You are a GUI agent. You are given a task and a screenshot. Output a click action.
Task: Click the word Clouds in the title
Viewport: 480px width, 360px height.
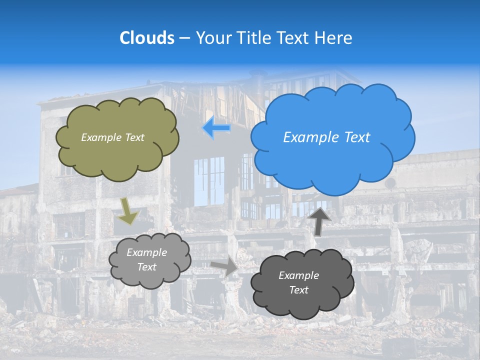point(147,38)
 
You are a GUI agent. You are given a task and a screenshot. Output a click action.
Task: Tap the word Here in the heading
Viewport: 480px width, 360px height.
point(335,38)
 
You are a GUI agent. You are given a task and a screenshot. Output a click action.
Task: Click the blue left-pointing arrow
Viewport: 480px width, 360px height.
point(216,128)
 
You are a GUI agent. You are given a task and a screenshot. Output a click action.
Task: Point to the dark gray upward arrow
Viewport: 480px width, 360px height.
point(319,220)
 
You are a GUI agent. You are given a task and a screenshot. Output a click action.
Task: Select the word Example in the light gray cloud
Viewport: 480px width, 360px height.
point(146,252)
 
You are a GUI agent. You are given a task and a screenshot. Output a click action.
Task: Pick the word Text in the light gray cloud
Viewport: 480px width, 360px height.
point(146,267)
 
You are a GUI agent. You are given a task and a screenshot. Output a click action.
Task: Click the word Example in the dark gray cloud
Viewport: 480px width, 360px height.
point(298,275)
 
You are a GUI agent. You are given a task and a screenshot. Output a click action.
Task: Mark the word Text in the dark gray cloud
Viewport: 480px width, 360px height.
point(298,290)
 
